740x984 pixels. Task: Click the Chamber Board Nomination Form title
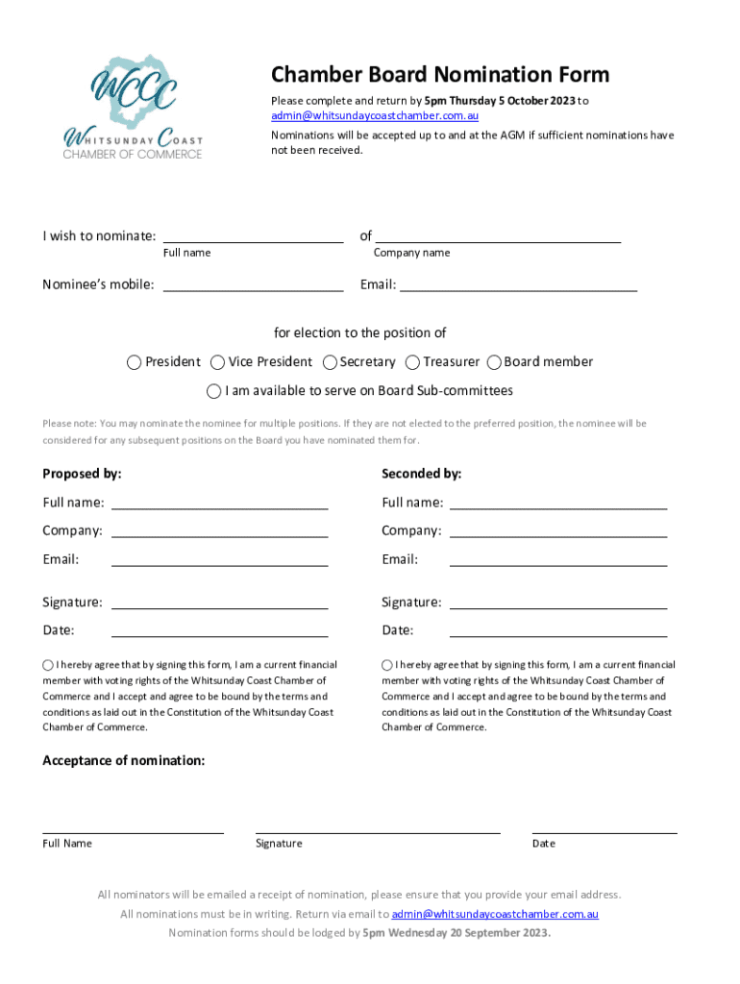tap(439, 75)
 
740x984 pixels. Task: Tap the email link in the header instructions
tap(374, 115)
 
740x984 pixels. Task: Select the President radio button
tap(135, 362)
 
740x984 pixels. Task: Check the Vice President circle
tap(218, 362)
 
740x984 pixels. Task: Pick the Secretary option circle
tap(330, 362)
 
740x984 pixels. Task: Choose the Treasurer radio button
tap(413, 362)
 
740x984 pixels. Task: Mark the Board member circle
tap(495, 362)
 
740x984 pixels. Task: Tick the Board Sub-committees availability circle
tap(214, 391)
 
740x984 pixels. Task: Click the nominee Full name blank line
tap(253, 235)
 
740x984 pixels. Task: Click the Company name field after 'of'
tap(497, 235)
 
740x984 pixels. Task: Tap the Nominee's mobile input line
tap(253, 283)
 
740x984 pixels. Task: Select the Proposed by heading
tap(82, 474)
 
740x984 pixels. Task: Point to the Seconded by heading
tap(421, 474)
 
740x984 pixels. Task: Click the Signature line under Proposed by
tap(219, 603)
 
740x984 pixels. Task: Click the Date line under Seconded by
tap(557, 630)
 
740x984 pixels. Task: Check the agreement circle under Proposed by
tap(48, 665)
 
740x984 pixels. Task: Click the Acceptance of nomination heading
tap(123, 760)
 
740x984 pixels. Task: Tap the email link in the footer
tap(494, 914)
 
